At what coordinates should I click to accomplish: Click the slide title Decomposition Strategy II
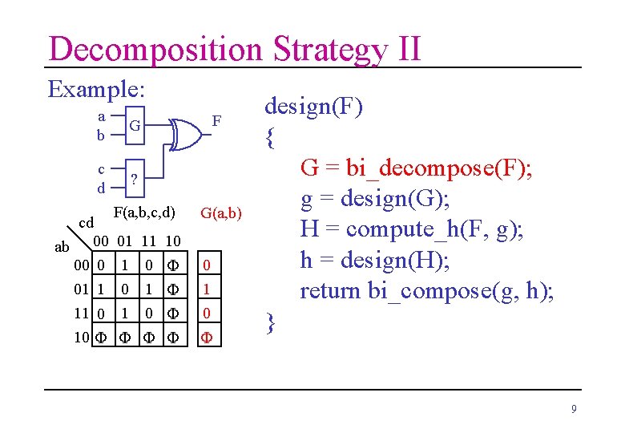(234, 48)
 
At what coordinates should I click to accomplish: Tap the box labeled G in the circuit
(135, 126)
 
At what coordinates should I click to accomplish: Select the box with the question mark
(135, 179)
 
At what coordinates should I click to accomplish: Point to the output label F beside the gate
(216, 122)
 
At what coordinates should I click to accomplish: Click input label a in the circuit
(101, 116)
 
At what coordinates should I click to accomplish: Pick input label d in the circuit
(101, 188)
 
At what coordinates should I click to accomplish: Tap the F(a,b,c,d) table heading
(144, 212)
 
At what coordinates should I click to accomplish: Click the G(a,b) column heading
(221, 213)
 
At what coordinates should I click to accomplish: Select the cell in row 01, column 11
(149, 288)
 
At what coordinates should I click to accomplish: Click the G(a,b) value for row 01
(207, 288)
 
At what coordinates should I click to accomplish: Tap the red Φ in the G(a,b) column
(207, 337)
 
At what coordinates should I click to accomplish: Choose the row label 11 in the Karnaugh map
(80, 312)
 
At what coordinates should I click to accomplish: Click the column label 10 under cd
(173, 241)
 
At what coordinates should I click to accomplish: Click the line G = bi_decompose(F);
(417, 168)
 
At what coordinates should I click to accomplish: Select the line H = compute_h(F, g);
(412, 229)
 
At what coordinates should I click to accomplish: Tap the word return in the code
(331, 290)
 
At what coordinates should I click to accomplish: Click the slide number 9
(574, 410)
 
